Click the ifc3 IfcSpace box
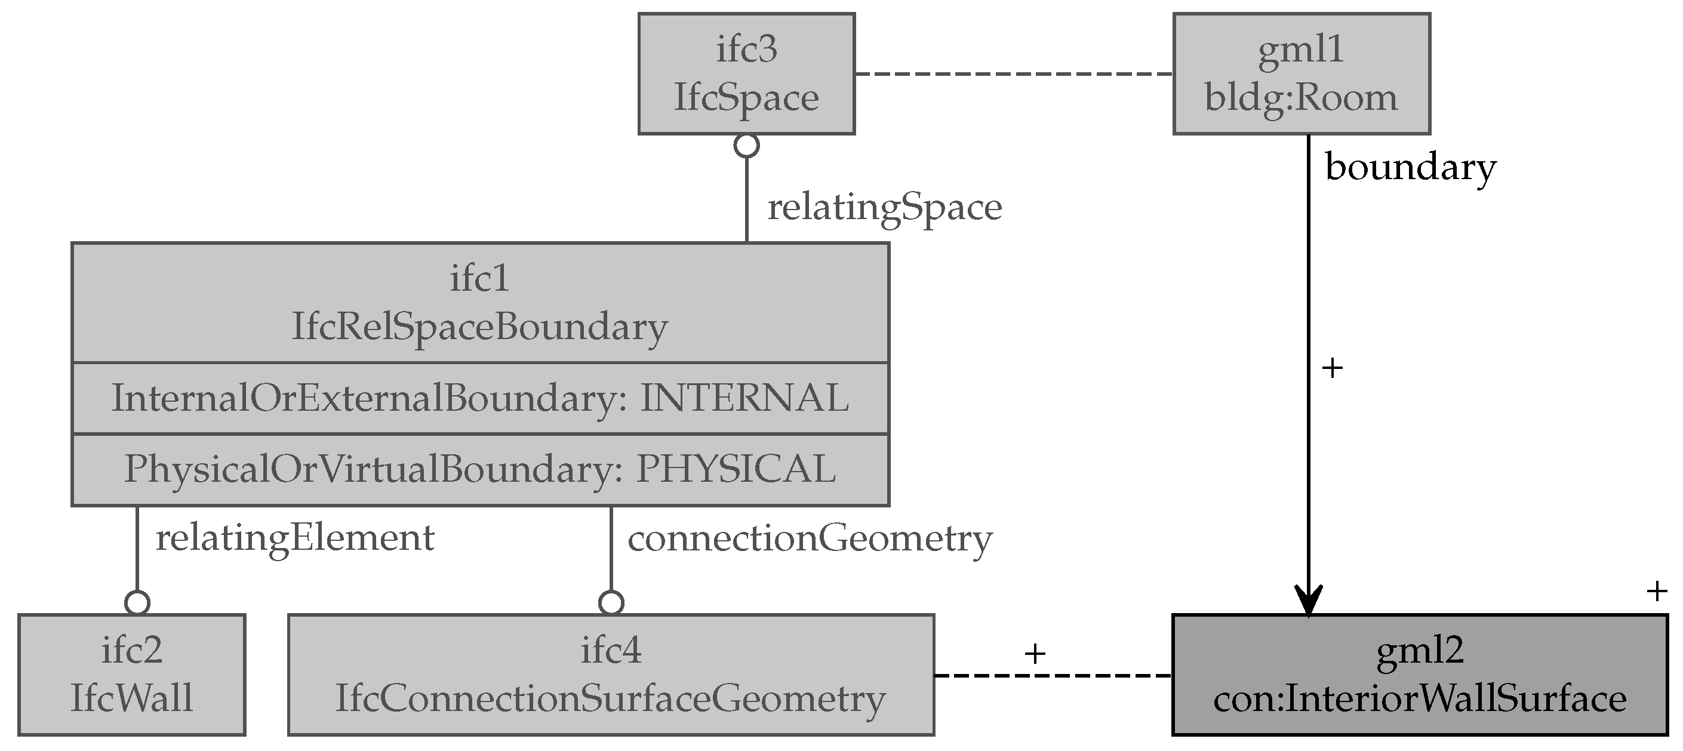point(746,74)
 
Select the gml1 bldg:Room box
point(1301,74)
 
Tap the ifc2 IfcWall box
point(131,675)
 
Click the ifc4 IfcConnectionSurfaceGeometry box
point(611,675)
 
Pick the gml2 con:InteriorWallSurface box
point(1420,675)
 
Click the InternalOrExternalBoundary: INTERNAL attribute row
point(480,398)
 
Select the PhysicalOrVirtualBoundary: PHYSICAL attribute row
point(480,469)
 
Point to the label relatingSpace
point(884,208)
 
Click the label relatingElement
point(295,538)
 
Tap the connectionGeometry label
point(810,538)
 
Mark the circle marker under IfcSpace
point(746,146)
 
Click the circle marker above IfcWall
point(137,603)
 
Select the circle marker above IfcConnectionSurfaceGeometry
point(611,603)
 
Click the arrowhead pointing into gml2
point(1308,599)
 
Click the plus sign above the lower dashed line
point(1035,653)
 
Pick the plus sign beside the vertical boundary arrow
point(1331,368)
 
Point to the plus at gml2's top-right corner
point(1656,592)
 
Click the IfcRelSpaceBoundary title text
point(480,326)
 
